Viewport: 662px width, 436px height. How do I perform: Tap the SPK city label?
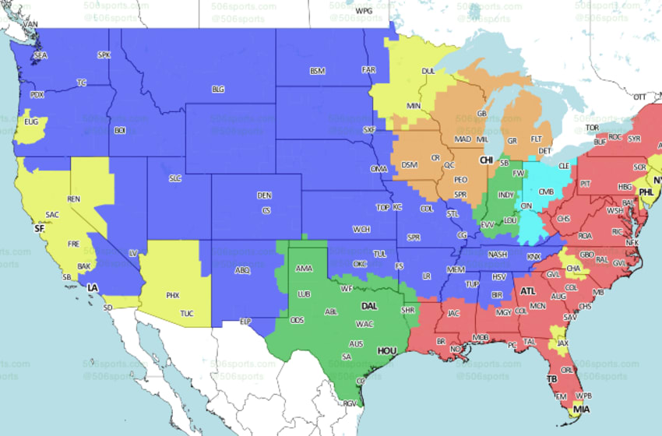tap(104, 55)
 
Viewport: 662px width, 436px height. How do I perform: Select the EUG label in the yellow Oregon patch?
tap(31, 122)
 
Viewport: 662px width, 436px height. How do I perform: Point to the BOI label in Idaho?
tap(120, 130)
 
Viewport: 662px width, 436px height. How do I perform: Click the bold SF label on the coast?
tap(39, 229)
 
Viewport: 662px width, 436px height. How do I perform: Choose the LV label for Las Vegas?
tap(132, 253)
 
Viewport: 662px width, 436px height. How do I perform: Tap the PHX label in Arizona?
tap(172, 296)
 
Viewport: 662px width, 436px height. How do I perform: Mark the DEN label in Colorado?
tap(265, 195)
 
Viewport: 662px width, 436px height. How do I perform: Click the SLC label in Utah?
tap(174, 178)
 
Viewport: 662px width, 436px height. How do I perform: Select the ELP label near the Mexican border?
tap(245, 321)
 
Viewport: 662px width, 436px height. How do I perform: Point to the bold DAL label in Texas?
tap(369, 306)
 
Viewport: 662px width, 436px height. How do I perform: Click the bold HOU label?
tap(387, 351)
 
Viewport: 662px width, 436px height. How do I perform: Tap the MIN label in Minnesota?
tap(414, 106)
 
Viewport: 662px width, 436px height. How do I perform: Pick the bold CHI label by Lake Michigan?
tap(487, 160)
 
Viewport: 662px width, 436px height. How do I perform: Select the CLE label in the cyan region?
tap(562, 166)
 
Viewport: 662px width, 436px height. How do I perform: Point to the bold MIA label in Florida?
tap(579, 408)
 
